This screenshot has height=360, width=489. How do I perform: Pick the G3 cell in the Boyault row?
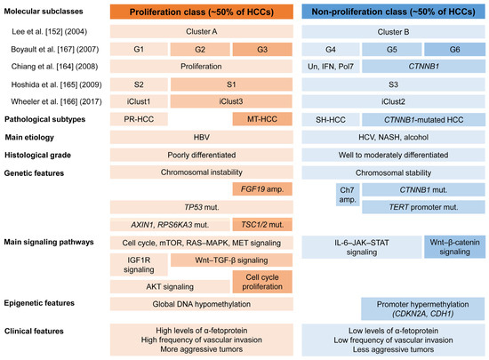(261, 50)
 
